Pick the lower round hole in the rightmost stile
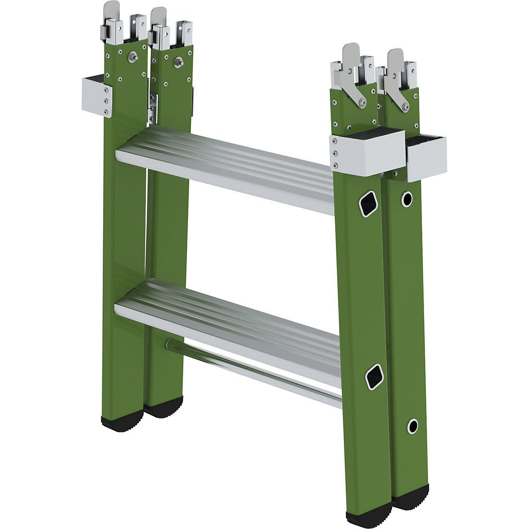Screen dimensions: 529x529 (412, 426)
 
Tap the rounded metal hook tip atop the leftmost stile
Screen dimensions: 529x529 (111, 7)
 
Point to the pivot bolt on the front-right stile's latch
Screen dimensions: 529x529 (361, 103)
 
